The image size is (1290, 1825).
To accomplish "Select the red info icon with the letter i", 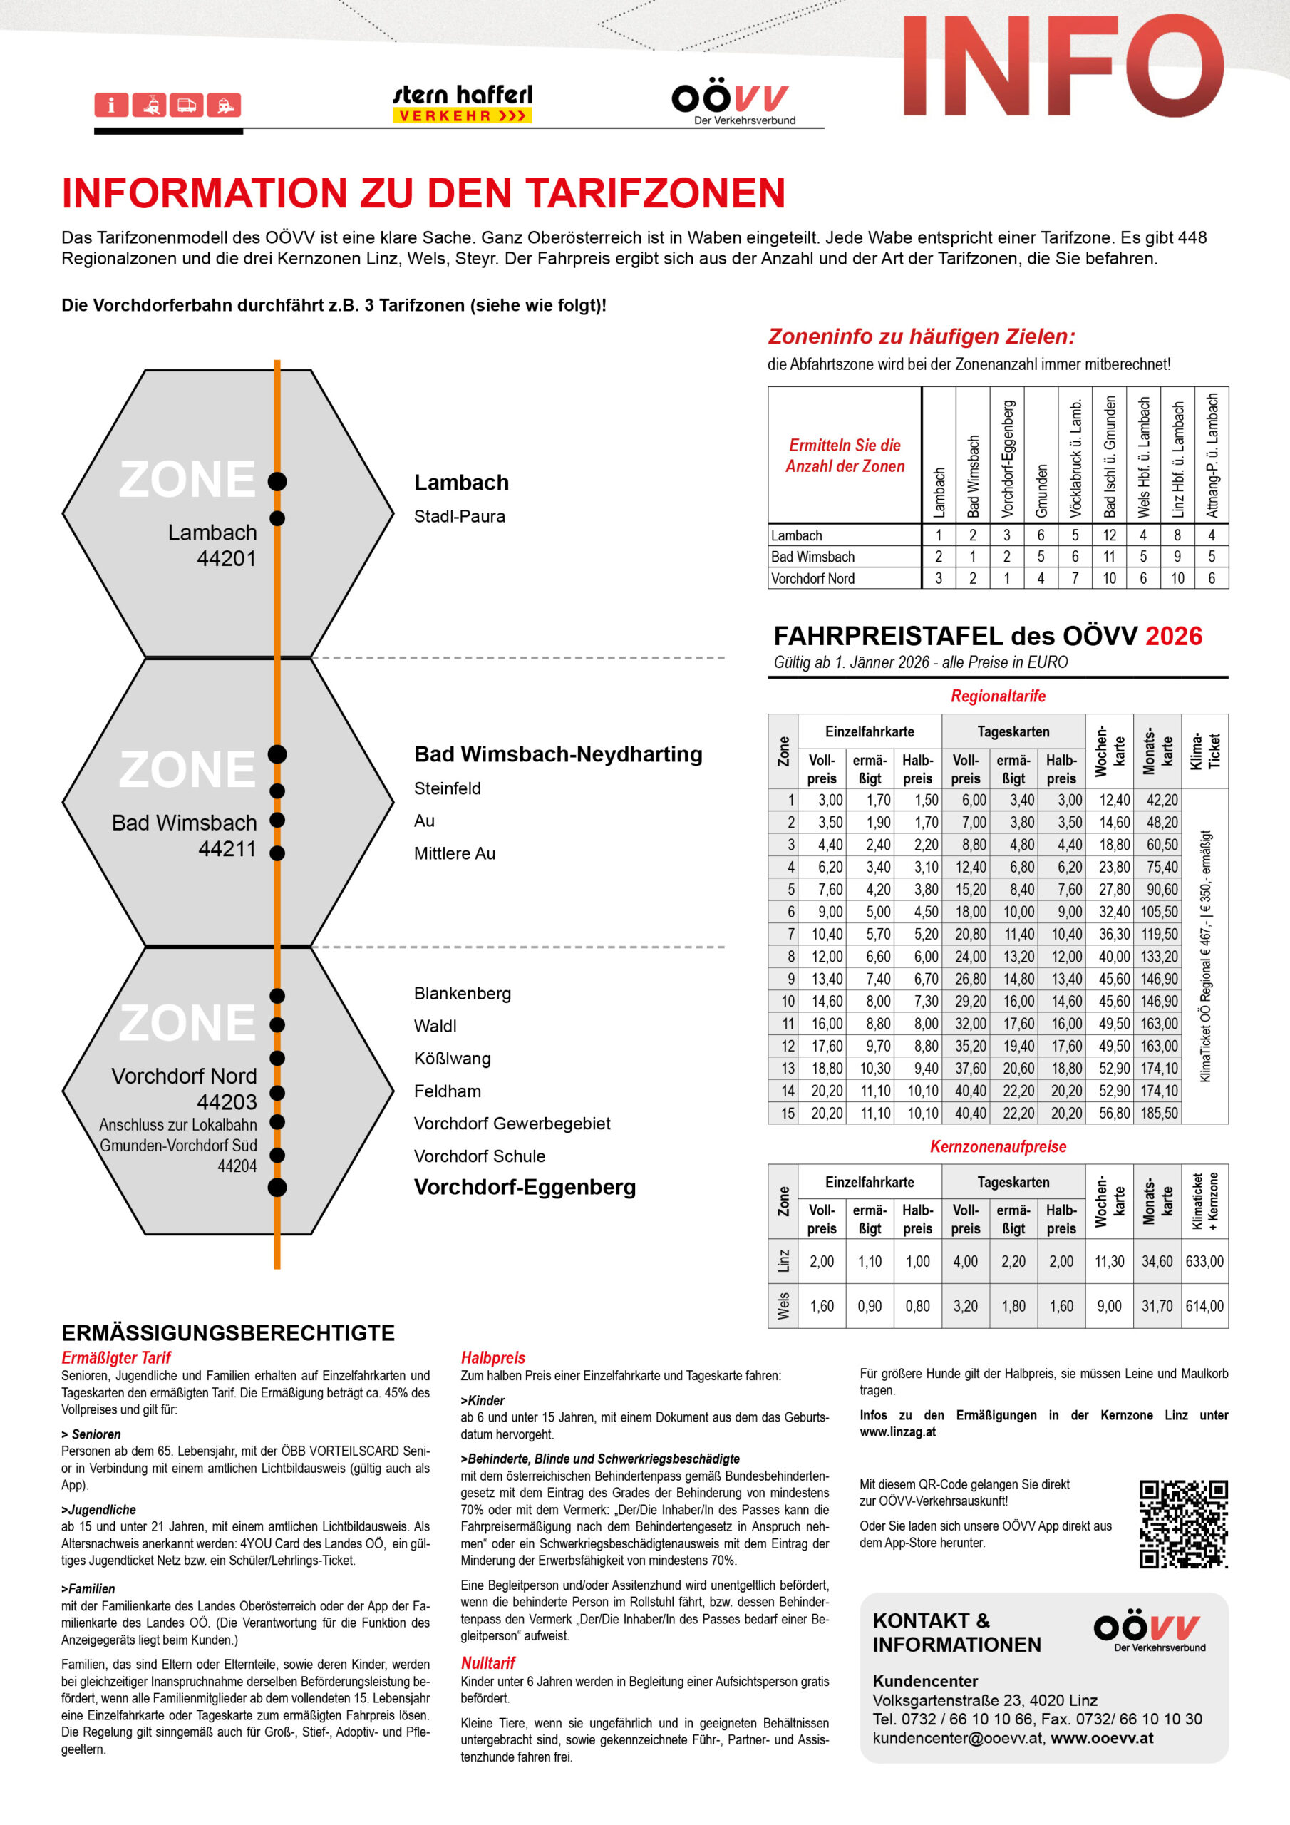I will (111, 105).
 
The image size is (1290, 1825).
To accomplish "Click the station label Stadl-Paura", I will (460, 517).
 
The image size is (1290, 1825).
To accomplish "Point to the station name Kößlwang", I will (453, 1059).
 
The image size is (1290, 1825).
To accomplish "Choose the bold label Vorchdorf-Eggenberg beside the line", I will (525, 1188).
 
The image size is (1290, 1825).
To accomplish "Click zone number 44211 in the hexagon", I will (227, 849).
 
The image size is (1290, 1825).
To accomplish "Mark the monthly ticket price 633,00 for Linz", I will (1204, 1261).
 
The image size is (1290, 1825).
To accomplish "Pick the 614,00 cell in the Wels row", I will (1204, 1306).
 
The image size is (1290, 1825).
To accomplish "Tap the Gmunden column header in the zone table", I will (1041, 490).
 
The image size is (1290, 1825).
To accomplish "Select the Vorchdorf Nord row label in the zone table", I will (812, 579).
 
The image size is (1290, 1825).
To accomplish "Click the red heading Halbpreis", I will (492, 1357).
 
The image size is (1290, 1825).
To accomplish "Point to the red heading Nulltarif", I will (488, 1663).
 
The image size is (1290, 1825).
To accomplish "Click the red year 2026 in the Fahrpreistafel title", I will (1173, 636).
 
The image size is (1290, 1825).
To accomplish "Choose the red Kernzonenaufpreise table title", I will (998, 1146).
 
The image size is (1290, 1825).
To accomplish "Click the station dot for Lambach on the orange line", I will (277, 482).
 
